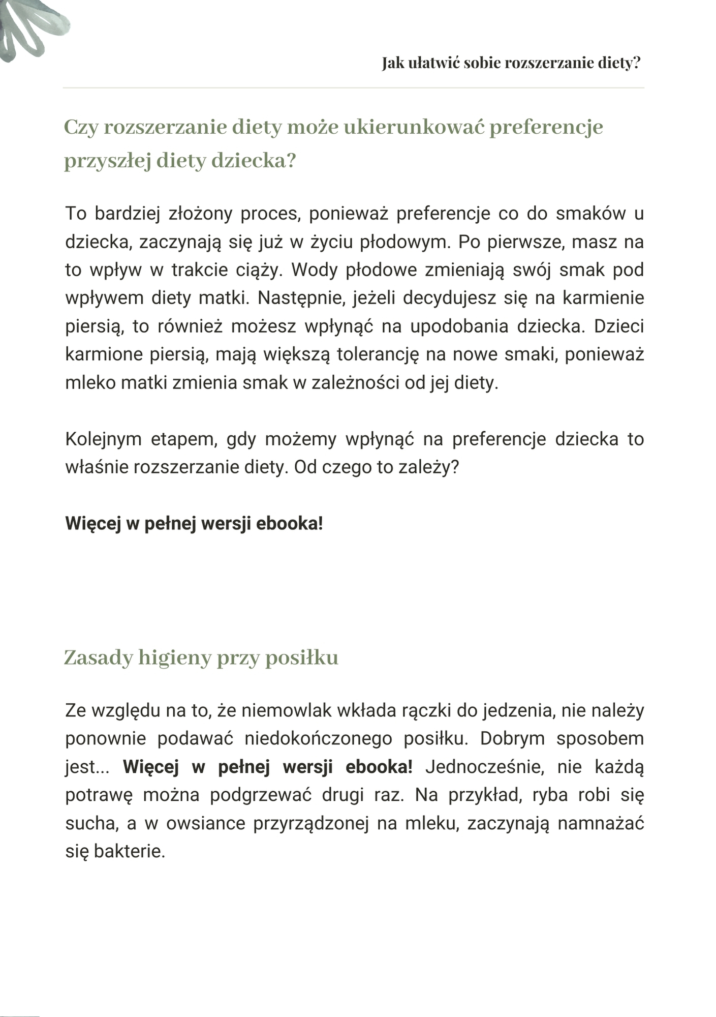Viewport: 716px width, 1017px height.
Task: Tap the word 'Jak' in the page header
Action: [x=393, y=63]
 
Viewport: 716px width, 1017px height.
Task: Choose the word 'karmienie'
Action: [x=603, y=298]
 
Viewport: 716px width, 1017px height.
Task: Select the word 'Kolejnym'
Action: [x=103, y=439]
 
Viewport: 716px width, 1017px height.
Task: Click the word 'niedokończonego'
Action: [x=318, y=738]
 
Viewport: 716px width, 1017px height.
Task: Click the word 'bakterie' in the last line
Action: [x=130, y=851]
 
